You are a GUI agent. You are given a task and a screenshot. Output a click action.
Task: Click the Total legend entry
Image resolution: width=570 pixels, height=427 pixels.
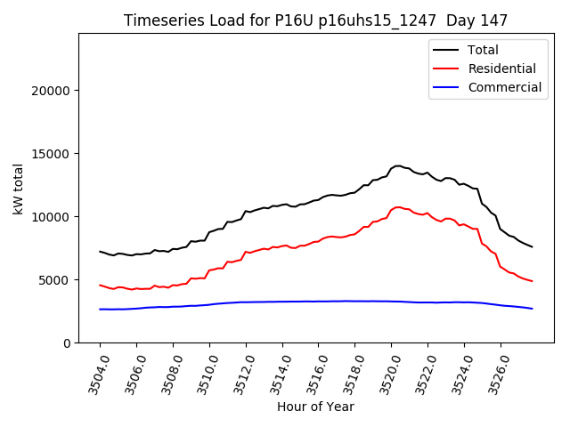[483, 50]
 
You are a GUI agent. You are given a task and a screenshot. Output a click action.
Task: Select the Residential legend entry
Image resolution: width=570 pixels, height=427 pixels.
[502, 68]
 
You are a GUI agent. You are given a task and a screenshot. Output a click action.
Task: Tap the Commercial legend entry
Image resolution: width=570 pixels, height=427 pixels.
[504, 87]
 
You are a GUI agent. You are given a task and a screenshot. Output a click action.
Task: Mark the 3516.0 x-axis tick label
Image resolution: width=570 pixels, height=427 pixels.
[313, 374]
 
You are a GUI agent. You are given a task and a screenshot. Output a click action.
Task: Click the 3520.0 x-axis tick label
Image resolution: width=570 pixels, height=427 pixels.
[386, 374]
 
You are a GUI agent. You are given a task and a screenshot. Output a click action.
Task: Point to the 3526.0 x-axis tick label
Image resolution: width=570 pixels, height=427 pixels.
[495, 374]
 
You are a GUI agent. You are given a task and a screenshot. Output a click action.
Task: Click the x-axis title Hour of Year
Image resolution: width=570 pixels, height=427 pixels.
[315, 407]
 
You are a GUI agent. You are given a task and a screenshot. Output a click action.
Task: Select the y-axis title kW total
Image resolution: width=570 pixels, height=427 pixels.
[19, 189]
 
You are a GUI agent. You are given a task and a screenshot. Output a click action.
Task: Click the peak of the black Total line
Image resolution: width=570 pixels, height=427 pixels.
[398, 165]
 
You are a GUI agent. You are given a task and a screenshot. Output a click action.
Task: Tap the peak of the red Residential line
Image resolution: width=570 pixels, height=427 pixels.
[398, 206]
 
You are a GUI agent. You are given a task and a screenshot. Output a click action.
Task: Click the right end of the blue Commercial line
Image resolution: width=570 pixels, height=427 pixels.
[532, 309]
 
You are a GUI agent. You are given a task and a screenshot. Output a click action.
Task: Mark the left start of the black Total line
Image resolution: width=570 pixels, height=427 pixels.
[100, 252]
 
